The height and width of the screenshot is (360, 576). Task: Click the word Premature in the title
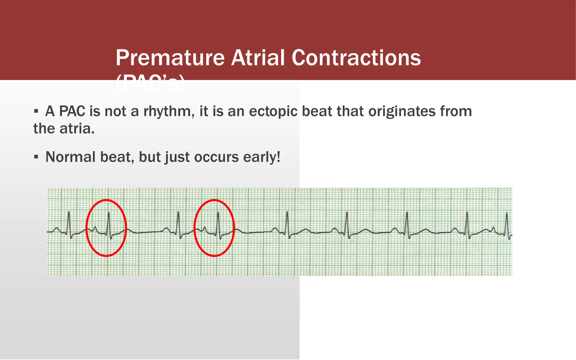[x=170, y=58]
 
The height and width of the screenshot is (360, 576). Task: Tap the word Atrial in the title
[x=258, y=58]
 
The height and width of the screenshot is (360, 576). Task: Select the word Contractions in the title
[x=356, y=58]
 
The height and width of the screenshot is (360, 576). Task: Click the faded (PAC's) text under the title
[x=150, y=84]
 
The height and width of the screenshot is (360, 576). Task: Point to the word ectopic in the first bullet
[x=273, y=111]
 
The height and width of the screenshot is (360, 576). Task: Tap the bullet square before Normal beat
[x=36, y=157]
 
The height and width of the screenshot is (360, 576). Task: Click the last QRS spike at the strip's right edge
[x=507, y=224]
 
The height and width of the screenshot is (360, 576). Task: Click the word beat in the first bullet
[x=317, y=111]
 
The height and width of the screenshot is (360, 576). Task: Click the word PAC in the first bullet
[x=72, y=111]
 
